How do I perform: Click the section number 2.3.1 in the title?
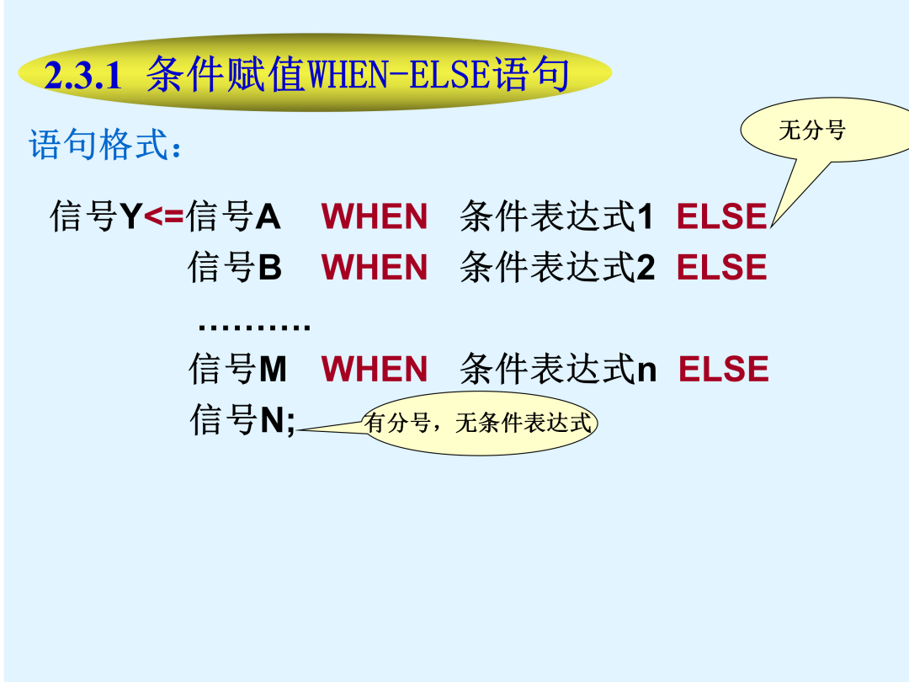pos(82,76)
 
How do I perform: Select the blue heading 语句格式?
pos(104,144)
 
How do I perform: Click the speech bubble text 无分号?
pos(811,130)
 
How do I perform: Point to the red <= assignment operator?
pos(163,217)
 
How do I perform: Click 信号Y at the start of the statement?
pos(96,216)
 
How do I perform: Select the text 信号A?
pos(234,216)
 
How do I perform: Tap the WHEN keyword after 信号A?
pos(375,216)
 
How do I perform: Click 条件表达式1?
pos(556,216)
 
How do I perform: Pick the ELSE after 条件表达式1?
pos(722,216)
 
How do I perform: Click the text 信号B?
pos(235,268)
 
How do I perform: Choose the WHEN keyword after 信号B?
pos(375,268)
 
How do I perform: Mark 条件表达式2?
pos(557,268)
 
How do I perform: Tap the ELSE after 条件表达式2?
pos(722,268)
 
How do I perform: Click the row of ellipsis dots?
pos(254,328)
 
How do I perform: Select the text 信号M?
pos(237,369)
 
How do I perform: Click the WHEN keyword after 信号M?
pos(375,369)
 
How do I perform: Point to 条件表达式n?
pos(558,369)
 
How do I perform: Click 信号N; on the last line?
pos(243,420)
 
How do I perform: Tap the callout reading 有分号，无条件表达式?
pos(479,423)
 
